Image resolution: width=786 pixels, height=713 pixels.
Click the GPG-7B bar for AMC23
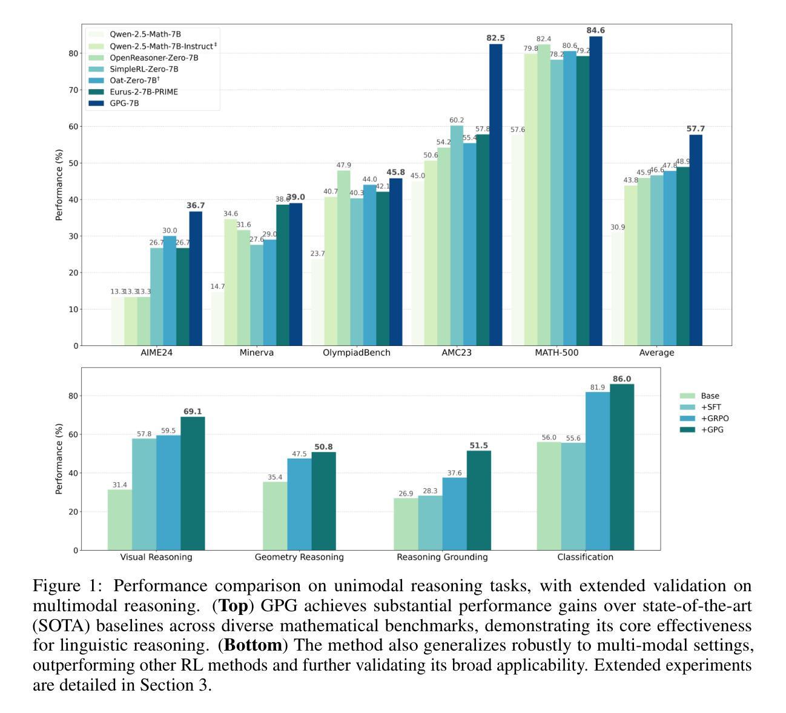tap(496, 194)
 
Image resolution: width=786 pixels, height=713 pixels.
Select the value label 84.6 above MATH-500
tap(596, 31)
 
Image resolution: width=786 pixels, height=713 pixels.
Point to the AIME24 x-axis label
tap(156, 353)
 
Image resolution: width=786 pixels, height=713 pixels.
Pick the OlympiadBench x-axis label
tap(357, 353)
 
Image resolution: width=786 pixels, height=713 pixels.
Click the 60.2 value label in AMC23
tap(457, 120)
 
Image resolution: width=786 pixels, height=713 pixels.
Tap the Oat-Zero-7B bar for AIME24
tap(170, 291)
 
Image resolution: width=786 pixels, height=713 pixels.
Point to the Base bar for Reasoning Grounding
tap(406, 524)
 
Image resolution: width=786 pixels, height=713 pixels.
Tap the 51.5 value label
tap(478, 446)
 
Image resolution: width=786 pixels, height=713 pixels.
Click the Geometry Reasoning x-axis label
tap(299, 557)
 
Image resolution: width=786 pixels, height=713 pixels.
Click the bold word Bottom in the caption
tap(253, 645)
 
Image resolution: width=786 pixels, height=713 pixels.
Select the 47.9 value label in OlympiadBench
tap(343, 165)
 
